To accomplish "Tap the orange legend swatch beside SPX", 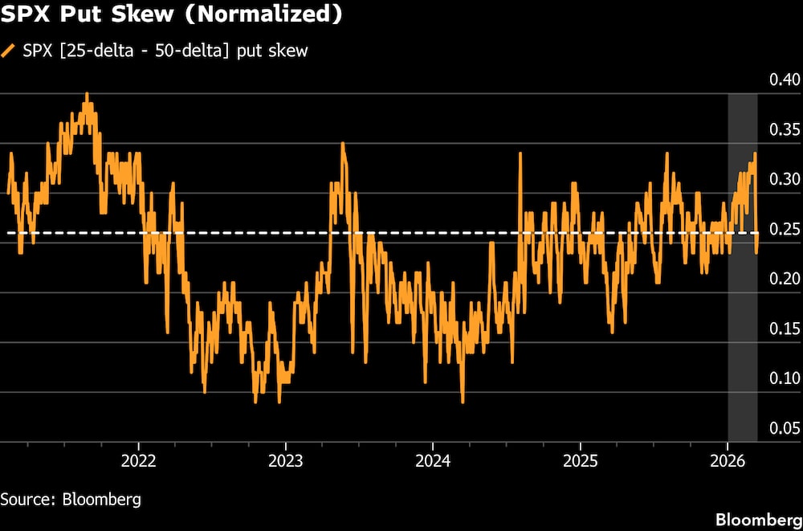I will point(9,51).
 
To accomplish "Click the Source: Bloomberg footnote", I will point(71,499).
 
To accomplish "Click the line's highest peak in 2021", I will point(87,94).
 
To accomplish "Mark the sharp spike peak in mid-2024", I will point(520,152).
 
